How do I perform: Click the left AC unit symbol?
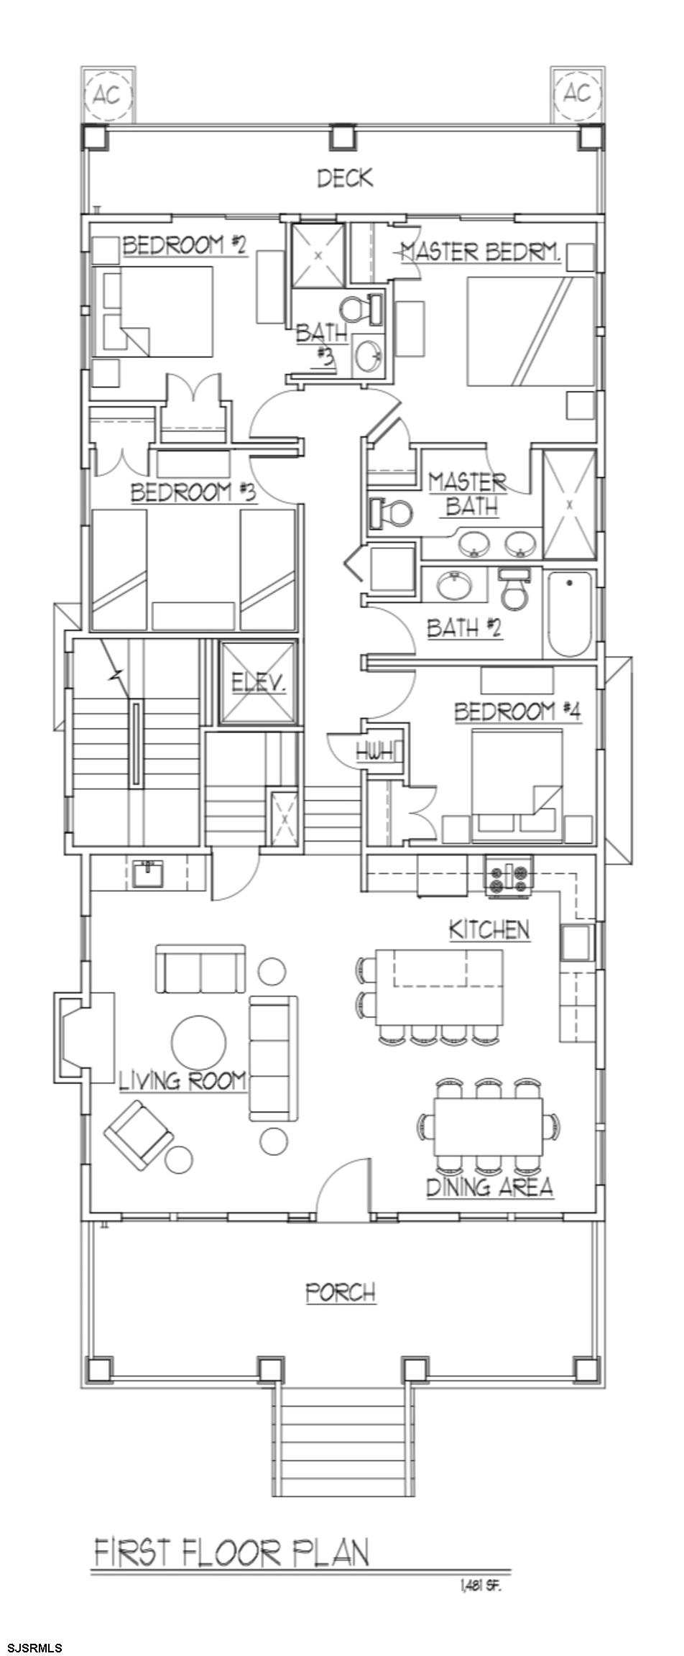click(107, 95)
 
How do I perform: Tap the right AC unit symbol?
click(577, 93)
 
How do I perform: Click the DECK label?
click(346, 178)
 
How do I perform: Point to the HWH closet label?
click(375, 753)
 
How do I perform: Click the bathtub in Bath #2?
click(570, 613)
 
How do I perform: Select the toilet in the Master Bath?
click(391, 512)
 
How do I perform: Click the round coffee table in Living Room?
click(199, 1041)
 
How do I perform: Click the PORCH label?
click(341, 1292)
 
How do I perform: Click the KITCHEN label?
click(489, 929)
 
